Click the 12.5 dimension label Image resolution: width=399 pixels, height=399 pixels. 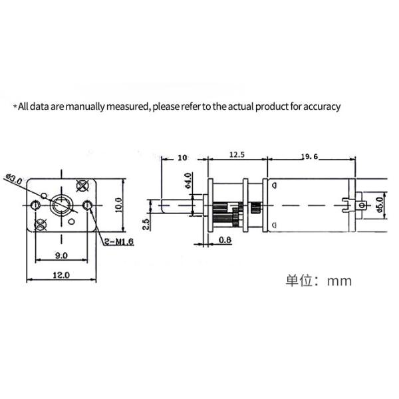[236, 155]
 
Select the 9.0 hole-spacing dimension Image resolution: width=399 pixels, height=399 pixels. [61, 255]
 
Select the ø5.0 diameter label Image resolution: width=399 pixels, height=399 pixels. [380, 203]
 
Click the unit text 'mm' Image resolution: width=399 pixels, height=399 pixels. [338, 281]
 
